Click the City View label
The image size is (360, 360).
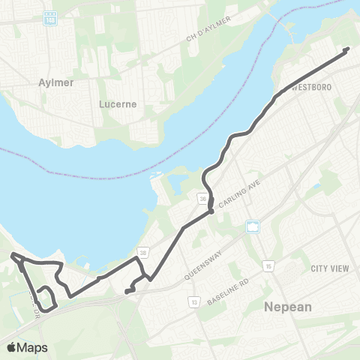tap(331, 268)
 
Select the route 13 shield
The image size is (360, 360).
tap(193, 301)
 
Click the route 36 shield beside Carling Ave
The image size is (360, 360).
tap(202, 199)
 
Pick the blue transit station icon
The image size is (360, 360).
tap(253, 226)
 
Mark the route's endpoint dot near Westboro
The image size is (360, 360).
tap(346, 50)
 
